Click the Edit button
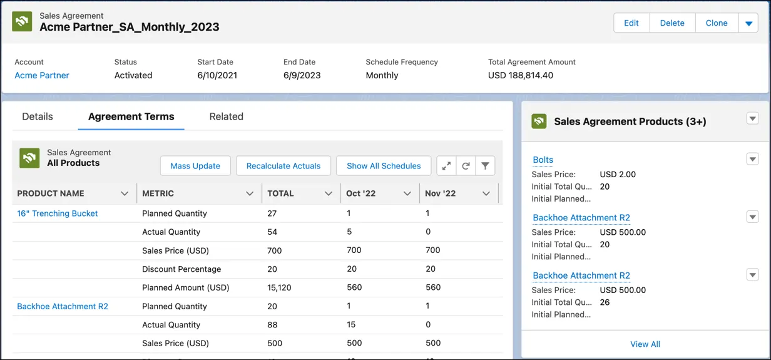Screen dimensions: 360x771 click(631, 23)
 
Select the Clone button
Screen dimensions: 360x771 click(716, 23)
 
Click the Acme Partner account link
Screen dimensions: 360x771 click(42, 75)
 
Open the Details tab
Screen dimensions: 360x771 click(38, 116)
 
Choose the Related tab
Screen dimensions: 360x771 click(226, 116)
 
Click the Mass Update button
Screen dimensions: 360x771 click(195, 166)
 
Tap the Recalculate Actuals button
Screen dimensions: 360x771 click(283, 166)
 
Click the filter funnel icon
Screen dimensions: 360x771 click(485, 166)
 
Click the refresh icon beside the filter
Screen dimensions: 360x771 click(466, 166)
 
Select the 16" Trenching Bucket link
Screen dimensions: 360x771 click(58, 213)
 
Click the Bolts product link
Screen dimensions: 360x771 click(543, 160)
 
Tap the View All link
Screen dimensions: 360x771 click(645, 344)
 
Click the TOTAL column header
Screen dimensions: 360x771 click(281, 193)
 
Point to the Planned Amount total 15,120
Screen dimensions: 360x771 click(280, 288)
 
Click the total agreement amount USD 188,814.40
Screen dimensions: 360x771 click(521, 75)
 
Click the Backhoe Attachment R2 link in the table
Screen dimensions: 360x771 click(63, 306)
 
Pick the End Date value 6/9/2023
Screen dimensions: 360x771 click(302, 75)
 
